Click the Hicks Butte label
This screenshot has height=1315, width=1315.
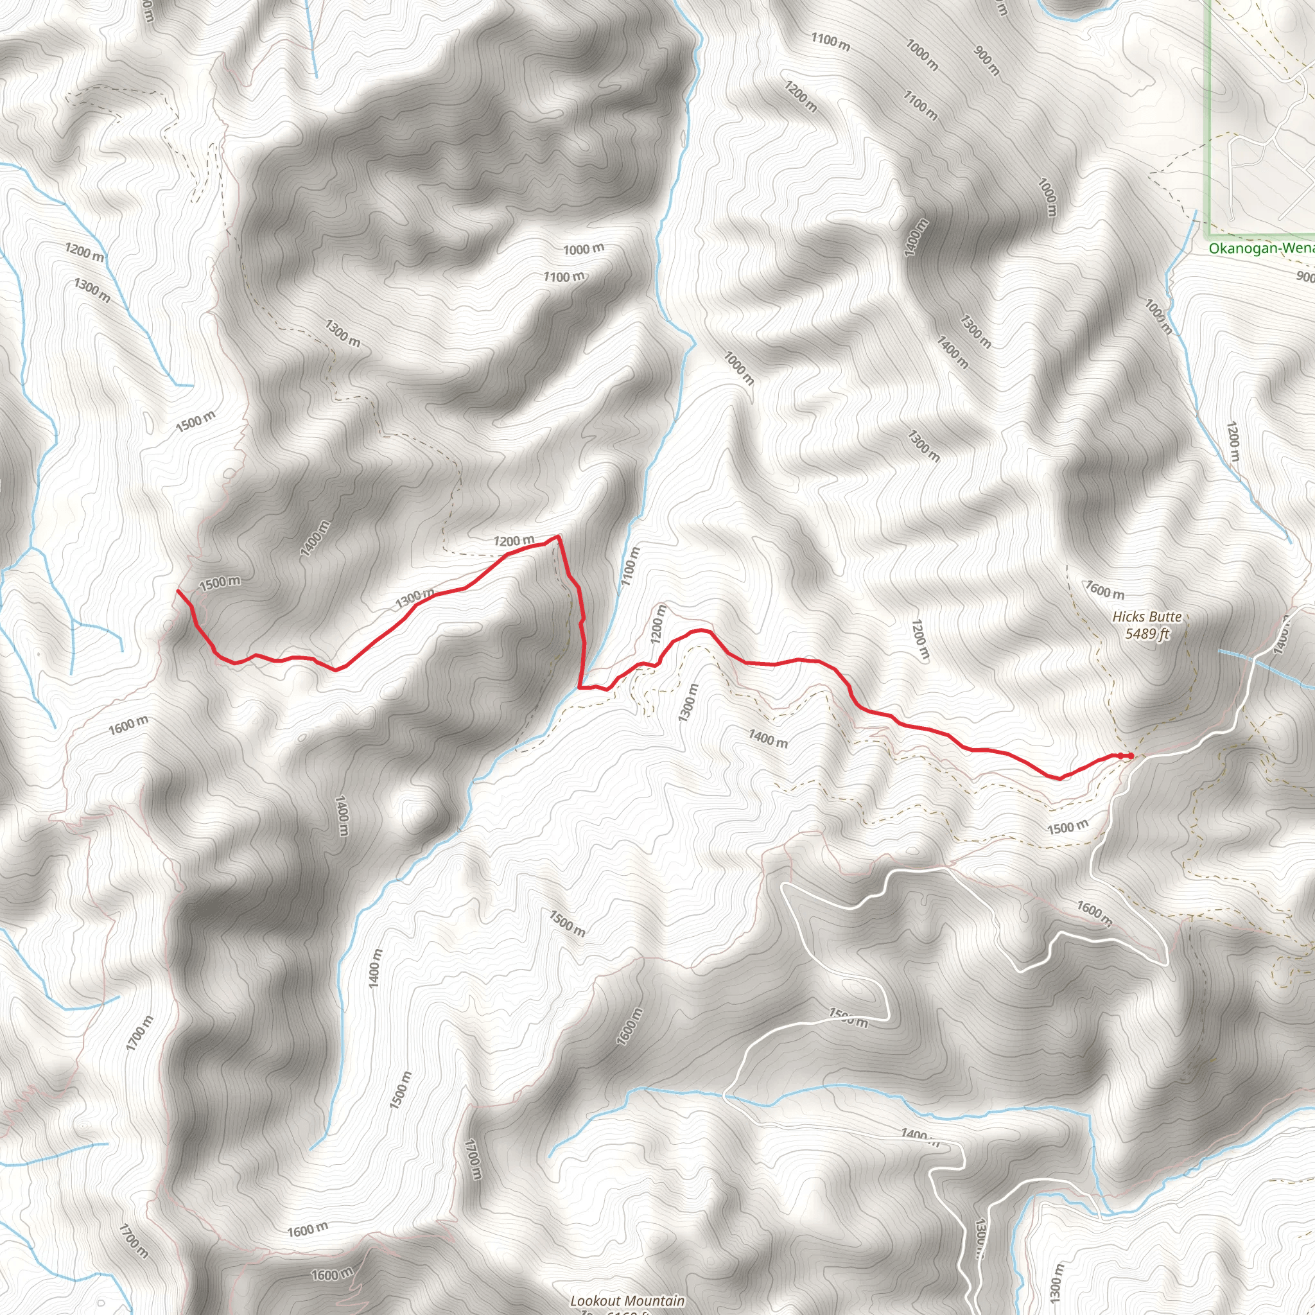[x=1147, y=616]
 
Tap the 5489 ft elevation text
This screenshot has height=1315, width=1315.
[x=1147, y=634]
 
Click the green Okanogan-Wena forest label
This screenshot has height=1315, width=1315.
[x=1261, y=248]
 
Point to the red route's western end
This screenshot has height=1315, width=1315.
[x=179, y=591]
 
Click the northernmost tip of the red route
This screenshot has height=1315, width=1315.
[x=558, y=536]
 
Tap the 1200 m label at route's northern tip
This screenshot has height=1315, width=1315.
[x=514, y=541]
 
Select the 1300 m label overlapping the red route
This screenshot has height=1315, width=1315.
[x=415, y=598]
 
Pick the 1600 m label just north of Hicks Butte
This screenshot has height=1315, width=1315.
[x=1104, y=589]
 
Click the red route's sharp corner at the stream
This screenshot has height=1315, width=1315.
[x=579, y=688]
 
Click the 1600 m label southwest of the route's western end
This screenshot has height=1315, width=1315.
[x=128, y=726]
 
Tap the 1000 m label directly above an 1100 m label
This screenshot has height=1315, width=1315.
[x=583, y=249]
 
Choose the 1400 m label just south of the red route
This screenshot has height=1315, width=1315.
[x=768, y=738]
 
